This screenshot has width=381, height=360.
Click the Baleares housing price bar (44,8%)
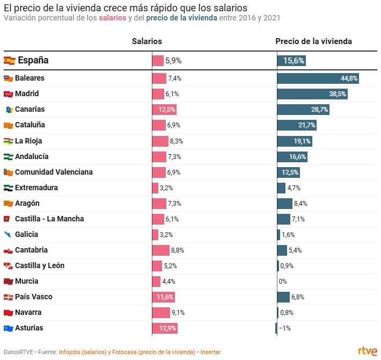click(x=318, y=78)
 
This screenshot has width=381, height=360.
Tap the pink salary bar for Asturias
click(x=164, y=328)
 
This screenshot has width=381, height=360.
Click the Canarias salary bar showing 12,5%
click(x=164, y=110)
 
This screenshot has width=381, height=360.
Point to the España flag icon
click(x=10, y=61)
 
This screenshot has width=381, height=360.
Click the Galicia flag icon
click(x=8, y=235)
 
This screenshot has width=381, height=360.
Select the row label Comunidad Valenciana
click(x=54, y=172)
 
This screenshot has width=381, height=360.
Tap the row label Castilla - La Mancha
click(x=49, y=219)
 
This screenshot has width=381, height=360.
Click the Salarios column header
click(x=147, y=41)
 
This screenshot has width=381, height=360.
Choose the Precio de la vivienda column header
click(x=314, y=41)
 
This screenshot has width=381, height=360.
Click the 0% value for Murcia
click(x=283, y=281)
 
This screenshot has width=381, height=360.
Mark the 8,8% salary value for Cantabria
click(x=178, y=250)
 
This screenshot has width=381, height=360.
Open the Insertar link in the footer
click(x=210, y=352)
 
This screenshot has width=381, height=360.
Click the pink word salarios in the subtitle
click(x=113, y=18)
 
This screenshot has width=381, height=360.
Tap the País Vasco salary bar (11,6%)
click(x=164, y=297)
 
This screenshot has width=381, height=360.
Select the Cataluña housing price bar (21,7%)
click(x=297, y=125)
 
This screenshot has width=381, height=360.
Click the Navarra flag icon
click(x=8, y=313)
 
